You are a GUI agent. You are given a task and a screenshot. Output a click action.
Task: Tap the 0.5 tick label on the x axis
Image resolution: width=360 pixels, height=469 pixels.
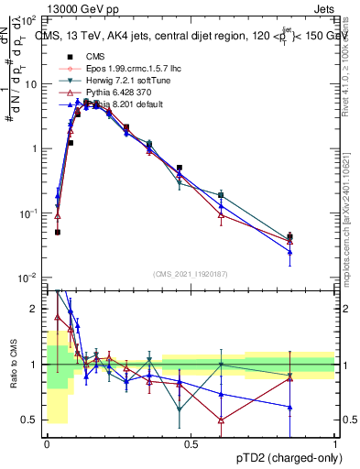(x=191, y=444)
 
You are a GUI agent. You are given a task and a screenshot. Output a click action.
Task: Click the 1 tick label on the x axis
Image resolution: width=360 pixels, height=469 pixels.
(x=335, y=444)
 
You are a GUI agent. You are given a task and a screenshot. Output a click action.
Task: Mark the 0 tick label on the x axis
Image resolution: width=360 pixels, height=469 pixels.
(x=47, y=444)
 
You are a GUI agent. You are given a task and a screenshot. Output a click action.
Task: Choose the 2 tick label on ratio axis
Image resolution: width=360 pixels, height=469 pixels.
(x=33, y=310)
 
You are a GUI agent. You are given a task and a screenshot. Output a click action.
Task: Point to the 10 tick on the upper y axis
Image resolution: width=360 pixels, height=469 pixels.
(x=29, y=83)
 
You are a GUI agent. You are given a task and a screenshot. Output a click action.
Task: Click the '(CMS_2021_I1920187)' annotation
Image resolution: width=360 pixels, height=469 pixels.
(x=191, y=273)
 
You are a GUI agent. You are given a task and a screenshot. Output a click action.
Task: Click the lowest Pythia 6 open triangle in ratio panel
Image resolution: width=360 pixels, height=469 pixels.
(x=221, y=420)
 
